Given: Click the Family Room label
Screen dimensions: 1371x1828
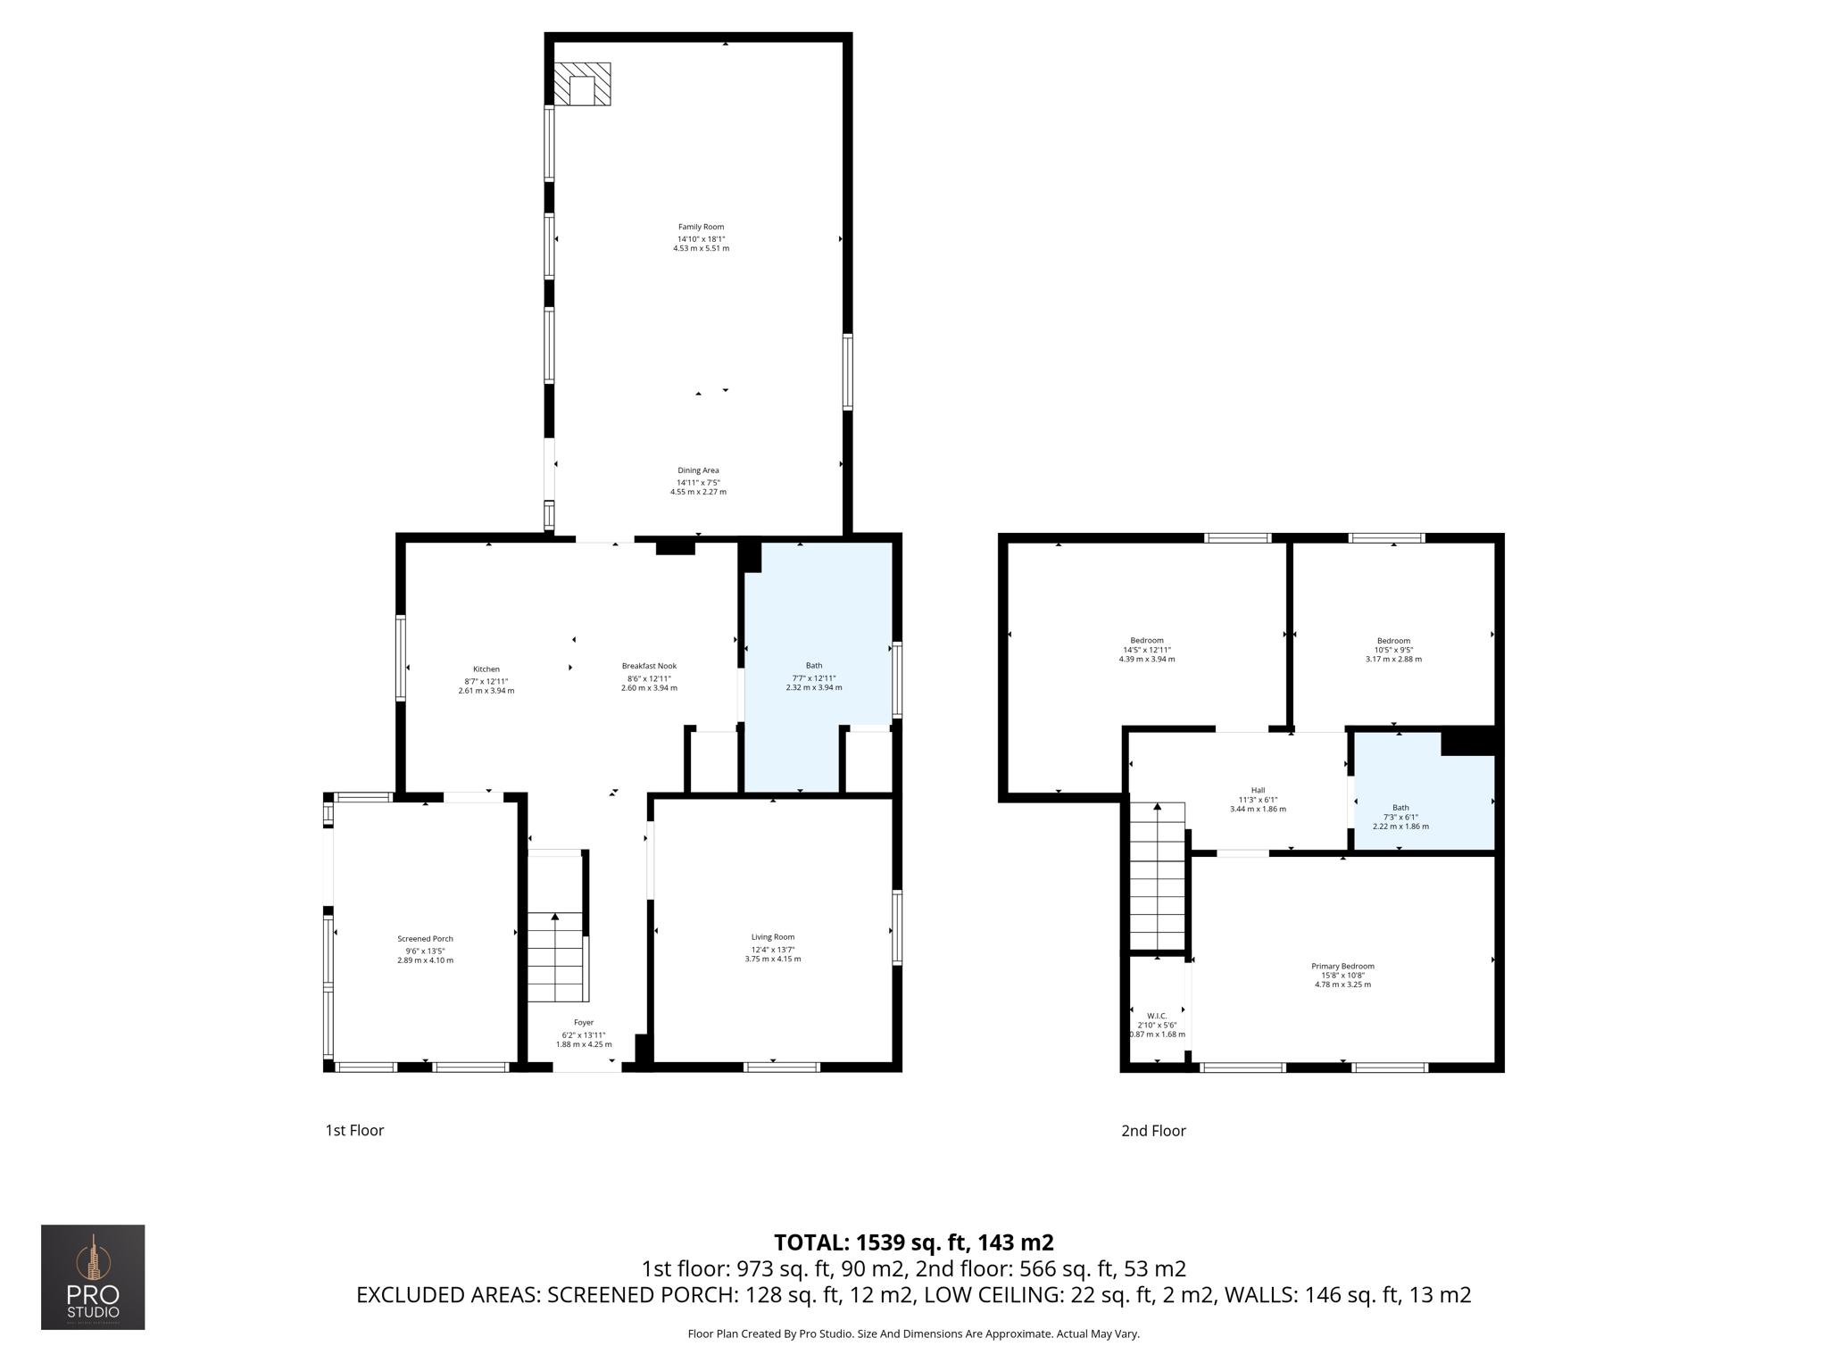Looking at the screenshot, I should coord(701,227).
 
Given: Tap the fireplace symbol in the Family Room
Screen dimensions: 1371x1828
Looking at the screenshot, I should coord(582,85).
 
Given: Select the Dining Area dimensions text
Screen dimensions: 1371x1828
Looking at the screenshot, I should coord(698,486).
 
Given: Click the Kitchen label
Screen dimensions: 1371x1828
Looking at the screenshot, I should coord(486,669).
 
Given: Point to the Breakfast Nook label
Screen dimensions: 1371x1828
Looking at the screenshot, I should coord(649,666).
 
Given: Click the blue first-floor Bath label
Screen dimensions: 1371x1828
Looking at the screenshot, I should coord(814,666).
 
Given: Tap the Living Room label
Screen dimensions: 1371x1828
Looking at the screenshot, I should coord(772,937).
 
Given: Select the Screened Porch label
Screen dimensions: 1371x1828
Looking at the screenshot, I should coord(425,939).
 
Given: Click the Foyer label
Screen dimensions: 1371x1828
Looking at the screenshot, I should coord(584,1023).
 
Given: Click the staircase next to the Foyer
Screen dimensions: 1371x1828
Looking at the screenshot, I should coord(555,955).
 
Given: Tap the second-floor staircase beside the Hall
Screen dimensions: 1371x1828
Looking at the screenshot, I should coord(1157,875).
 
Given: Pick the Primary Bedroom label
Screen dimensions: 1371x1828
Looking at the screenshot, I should coord(1342,967).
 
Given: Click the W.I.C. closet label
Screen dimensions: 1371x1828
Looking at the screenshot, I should coord(1157,1016).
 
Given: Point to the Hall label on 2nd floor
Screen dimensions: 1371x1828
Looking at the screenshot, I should coord(1258,790).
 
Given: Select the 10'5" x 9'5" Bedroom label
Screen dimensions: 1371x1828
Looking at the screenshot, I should coord(1393,641).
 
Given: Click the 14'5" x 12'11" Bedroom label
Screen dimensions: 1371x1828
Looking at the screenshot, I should coord(1147,641).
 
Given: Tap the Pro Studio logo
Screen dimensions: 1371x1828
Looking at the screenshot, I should coord(93,1276).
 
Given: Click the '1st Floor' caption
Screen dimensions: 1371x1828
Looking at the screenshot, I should coord(354,1131).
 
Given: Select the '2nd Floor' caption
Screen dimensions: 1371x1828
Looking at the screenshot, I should coord(1153,1131).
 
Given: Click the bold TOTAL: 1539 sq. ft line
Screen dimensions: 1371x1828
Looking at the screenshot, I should coord(913,1242).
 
